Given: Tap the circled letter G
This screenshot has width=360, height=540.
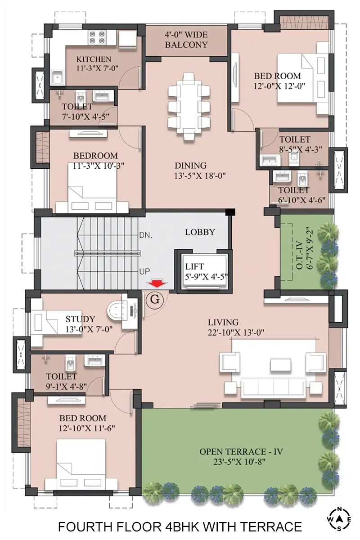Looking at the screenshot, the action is point(154,300).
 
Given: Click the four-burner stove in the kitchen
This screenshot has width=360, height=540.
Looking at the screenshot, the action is point(97,37).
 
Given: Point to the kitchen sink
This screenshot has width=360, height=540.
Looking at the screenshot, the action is point(58,77).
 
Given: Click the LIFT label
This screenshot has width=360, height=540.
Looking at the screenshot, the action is point(194,266).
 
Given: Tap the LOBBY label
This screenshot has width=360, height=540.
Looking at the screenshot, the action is point(200,232).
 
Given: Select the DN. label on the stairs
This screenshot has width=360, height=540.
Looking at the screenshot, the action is point(146,235).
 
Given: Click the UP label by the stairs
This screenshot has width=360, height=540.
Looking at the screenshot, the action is point(144,272).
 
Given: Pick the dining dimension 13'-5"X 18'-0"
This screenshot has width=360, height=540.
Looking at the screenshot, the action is point(200,176).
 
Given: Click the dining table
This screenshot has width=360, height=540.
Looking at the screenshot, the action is point(189,107).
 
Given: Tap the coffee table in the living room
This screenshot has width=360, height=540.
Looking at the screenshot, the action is point(280,365).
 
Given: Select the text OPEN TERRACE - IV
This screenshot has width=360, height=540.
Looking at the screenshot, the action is point(241,451).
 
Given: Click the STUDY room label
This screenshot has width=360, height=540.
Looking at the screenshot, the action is point(80,319).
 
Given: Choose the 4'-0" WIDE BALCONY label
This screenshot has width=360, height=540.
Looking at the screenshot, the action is point(186,40).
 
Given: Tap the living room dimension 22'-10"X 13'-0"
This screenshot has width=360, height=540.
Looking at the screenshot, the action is point(236,333).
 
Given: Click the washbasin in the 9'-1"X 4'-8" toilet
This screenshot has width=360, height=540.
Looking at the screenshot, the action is point(94,360).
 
